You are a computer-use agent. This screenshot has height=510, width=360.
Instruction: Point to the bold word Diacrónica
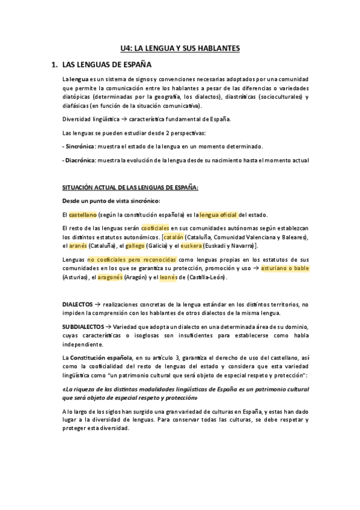coord(81,161)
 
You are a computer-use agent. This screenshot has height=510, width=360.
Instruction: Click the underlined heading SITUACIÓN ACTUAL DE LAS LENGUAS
coord(130,188)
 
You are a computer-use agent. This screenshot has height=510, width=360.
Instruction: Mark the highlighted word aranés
coord(77,247)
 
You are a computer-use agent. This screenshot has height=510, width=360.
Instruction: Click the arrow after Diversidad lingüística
coord(122,119)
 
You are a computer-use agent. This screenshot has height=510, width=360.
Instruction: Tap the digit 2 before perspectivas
coord(158,132)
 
